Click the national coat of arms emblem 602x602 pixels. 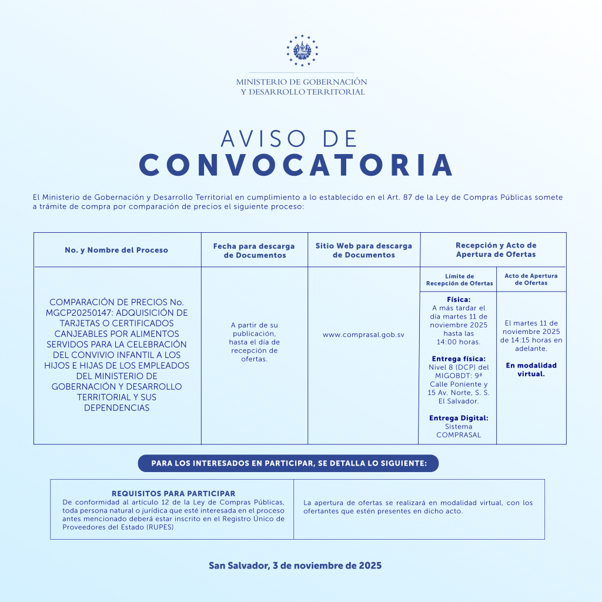point(301,49)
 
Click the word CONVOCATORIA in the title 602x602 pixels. point(296,166)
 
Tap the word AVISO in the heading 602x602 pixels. point(265,139)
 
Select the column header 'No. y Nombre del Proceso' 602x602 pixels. point(116,250)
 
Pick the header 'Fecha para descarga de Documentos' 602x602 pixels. point(254,250)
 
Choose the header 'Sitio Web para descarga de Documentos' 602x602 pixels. point(364,250)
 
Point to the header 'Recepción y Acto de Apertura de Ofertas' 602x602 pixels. point(496,250)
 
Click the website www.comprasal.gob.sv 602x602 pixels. point(363,335)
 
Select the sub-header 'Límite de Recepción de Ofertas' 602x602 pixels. point(459,280)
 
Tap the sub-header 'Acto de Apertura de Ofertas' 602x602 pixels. point(531,279)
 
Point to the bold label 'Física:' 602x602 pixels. point(459,299)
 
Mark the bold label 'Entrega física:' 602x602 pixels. point(459,359)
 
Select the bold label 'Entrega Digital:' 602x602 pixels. point(459,418)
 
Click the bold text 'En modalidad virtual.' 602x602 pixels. point(531,369)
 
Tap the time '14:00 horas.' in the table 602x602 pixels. point(459,342)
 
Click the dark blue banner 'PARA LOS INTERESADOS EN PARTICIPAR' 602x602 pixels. point(288,463)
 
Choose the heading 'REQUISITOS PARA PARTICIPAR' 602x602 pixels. point(173,494)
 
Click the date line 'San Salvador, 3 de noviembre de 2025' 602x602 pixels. point(295,566)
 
